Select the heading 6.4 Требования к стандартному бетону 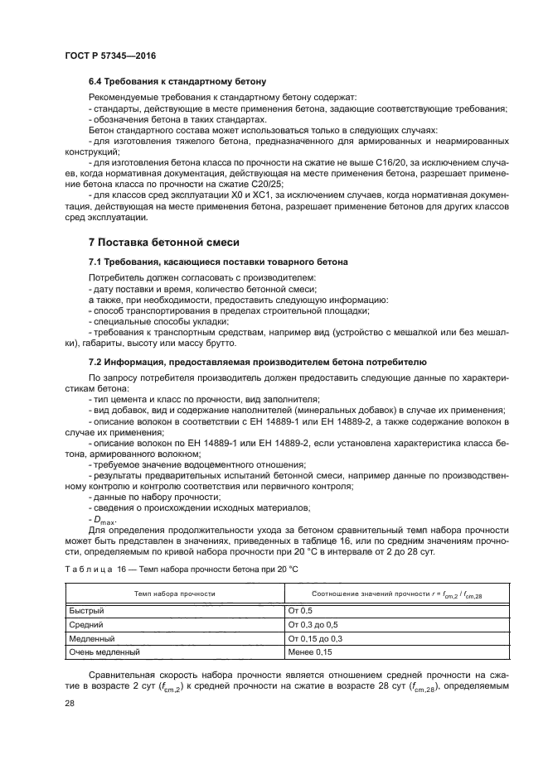pos(177,82)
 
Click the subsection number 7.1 pos(96,262)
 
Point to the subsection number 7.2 pos(96,363)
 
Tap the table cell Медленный pos(90,638)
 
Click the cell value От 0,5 pos(301,610)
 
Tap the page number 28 pos(69,703)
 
